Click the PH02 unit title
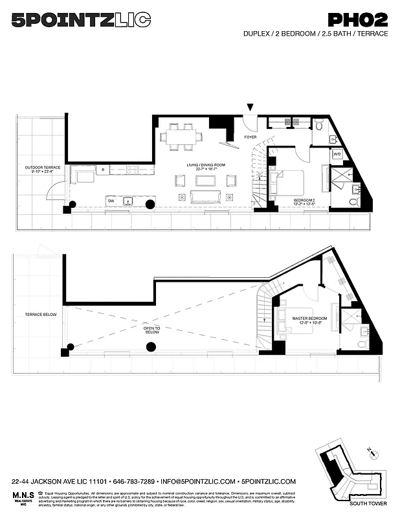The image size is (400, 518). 357,21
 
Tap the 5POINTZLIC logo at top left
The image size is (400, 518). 82,21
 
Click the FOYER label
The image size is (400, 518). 250,137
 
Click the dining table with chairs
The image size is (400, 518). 182,137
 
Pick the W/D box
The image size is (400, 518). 337,154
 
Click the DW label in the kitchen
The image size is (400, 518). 111,201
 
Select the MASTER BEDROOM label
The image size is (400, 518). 309,320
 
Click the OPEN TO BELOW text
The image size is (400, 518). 152,331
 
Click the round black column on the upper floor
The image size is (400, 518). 151,348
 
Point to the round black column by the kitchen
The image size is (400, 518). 150,205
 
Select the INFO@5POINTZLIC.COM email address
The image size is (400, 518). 197,482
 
